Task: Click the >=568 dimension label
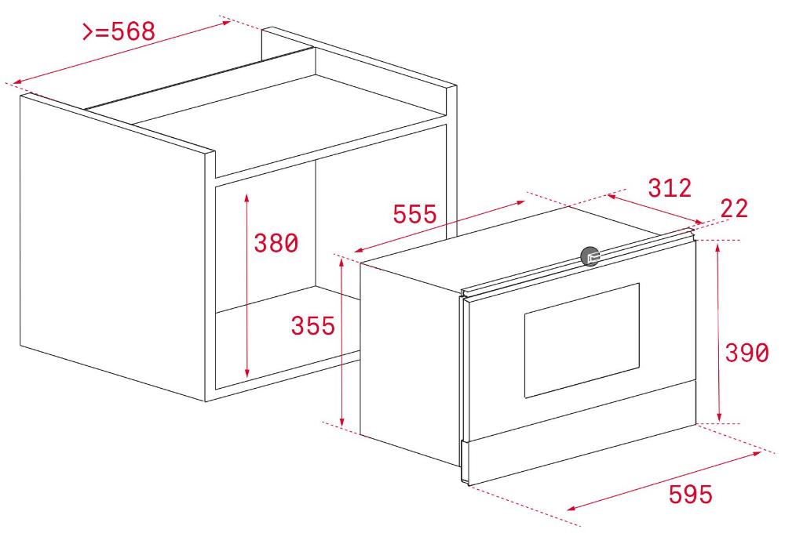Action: (x=119, y=31)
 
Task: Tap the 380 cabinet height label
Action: (x=276, y=244)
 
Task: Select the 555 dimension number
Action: (x=414, y=214)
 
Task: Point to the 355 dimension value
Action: (x=313, y=325)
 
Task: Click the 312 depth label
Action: (x=670, y=188)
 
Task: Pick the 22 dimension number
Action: (x=734, y=208)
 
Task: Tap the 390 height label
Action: (x=747, y=353)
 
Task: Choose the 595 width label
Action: (x=690, y=494)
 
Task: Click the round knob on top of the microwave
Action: (x=590, y=256)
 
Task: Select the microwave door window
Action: (x=582, y=340)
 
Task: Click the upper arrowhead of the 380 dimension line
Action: (x=246, y=197)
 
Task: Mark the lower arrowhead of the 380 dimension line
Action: (x=246, y=372)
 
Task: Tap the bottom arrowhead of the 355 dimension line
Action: (x=342, y=422)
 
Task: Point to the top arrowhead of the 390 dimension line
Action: (x=718, y=247)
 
